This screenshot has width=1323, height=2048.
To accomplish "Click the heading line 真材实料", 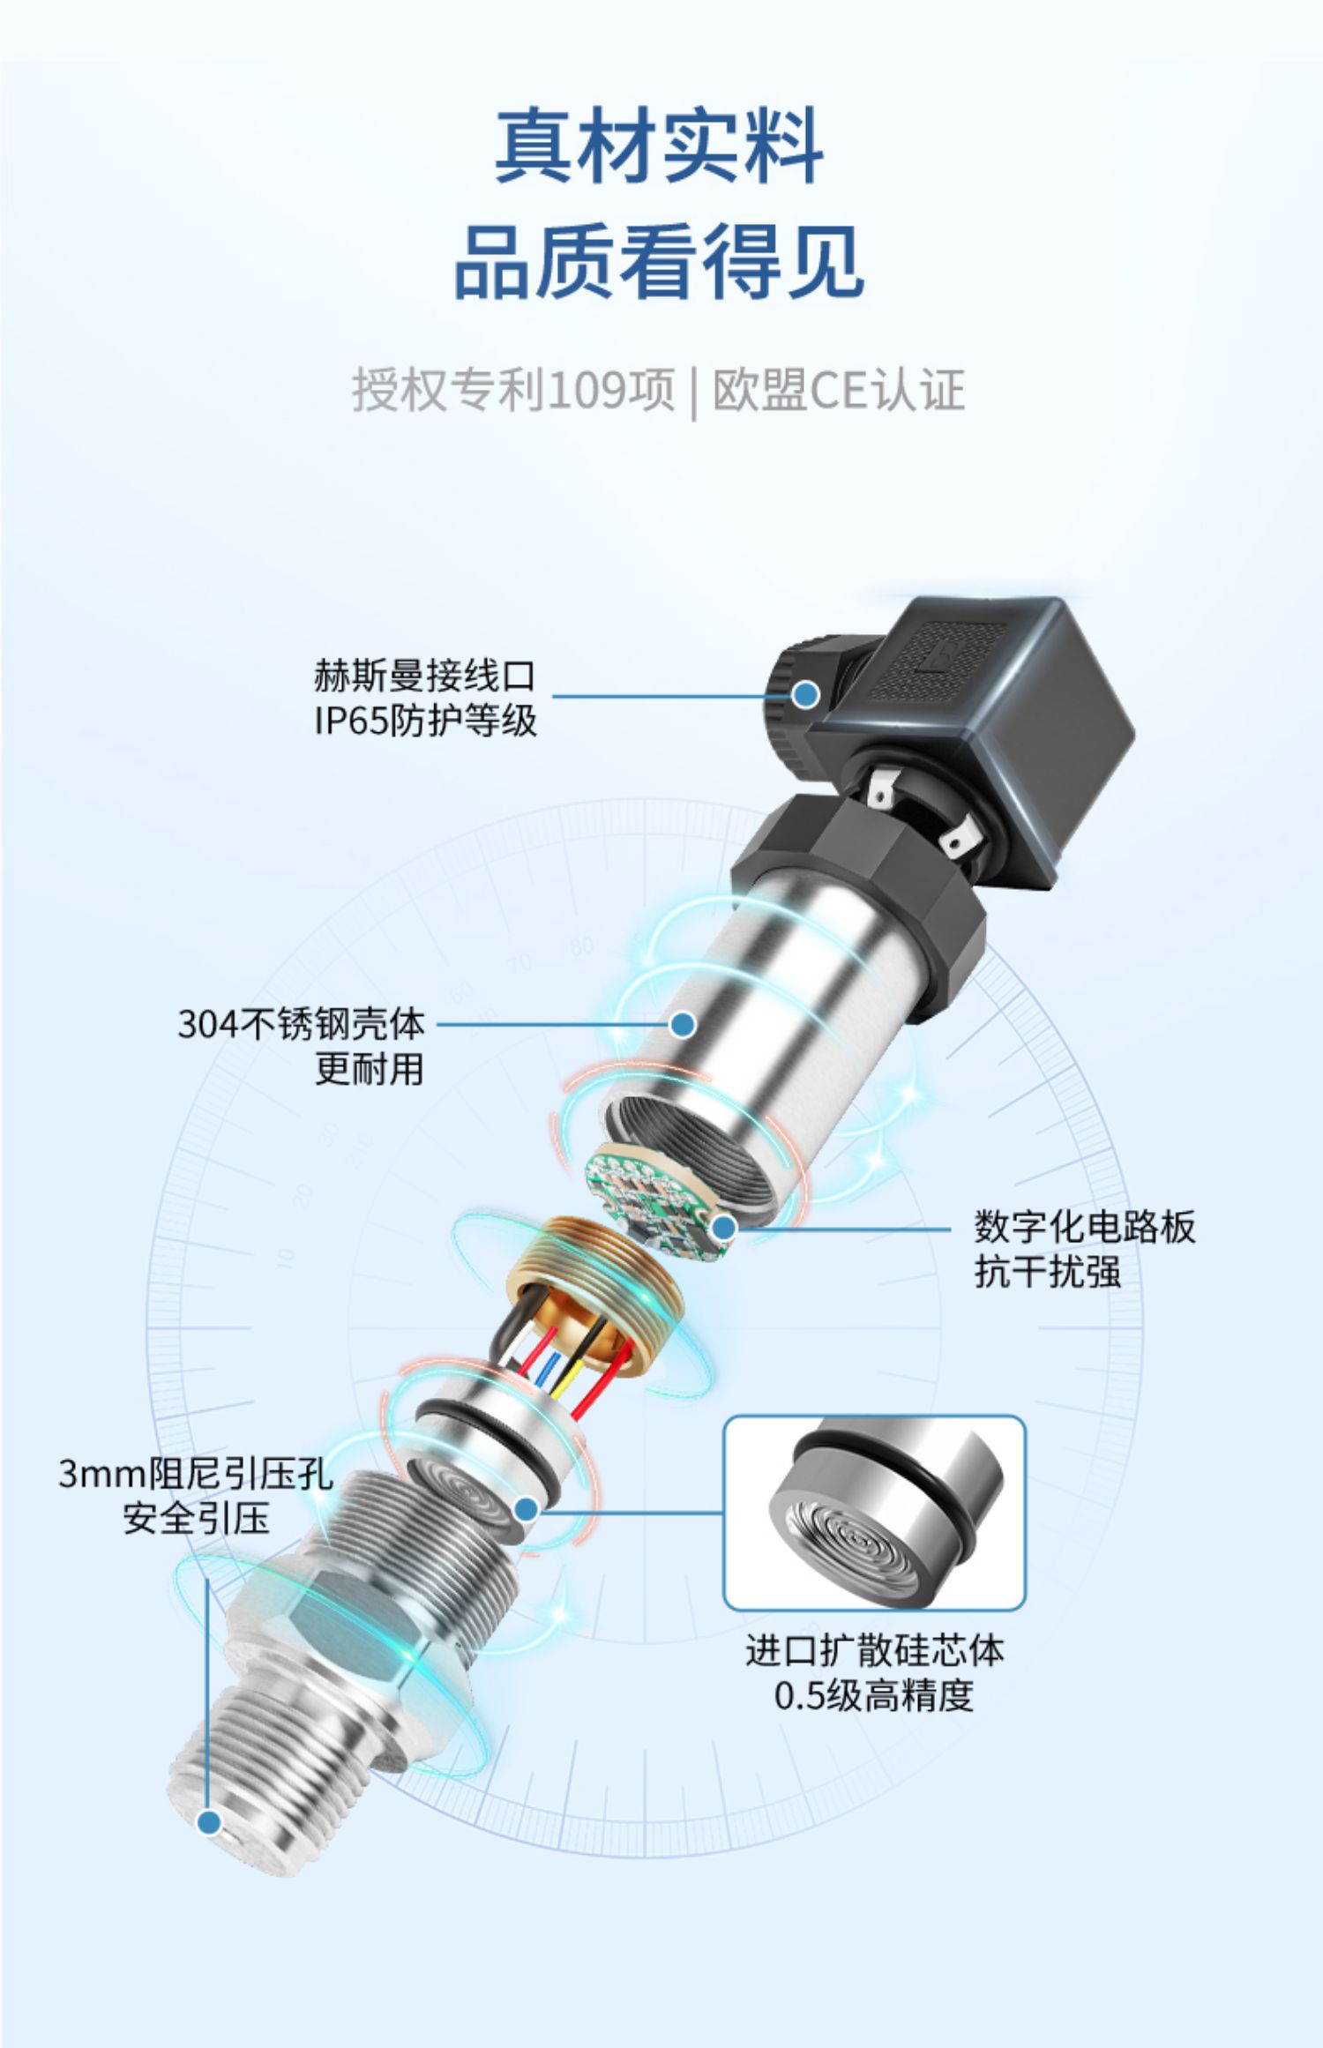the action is pos(660,146).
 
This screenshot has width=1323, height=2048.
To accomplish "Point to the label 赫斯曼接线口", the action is pos(425,676).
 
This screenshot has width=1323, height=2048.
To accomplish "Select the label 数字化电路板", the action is pos(1085,1227).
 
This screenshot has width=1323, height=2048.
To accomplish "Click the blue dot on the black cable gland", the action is pos(804,695).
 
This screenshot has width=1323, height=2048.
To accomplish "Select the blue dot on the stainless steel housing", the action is pos(683,1025).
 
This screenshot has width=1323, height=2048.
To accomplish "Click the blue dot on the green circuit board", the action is pos(724,1227).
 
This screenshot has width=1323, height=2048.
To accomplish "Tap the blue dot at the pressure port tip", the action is pos(209,1821).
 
